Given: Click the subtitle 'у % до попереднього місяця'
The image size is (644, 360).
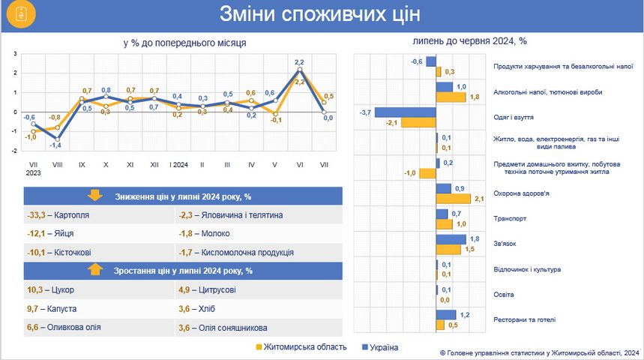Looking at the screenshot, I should click(x=185, y=43).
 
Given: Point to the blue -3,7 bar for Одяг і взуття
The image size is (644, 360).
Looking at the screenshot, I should click(x=406, y=112).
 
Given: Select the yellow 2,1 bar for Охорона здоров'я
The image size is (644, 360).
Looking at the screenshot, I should click(x=454, y=199).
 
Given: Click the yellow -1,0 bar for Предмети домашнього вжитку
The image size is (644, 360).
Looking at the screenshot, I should click(x=427, y=173).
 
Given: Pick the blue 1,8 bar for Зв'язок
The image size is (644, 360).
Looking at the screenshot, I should click(x=451, y=239).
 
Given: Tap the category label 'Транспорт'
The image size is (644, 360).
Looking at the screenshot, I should click(x=510, y=219).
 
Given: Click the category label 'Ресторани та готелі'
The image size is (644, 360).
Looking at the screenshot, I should click(x=525, y=319).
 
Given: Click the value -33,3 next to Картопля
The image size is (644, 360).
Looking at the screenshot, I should click(x=37, y=215).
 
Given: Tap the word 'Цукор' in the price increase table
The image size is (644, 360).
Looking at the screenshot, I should click(x=64, y=289).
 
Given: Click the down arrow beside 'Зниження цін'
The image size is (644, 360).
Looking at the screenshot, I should click(x=95, y=196).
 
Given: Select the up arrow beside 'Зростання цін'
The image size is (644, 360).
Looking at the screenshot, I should click(x=95, y=270).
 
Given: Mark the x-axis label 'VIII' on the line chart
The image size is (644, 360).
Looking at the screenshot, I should click(x=57, y=163).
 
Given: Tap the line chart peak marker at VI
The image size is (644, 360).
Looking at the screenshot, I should click(x=299, y=70).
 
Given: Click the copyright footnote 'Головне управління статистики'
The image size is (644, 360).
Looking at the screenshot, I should click(x=541, y=352).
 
